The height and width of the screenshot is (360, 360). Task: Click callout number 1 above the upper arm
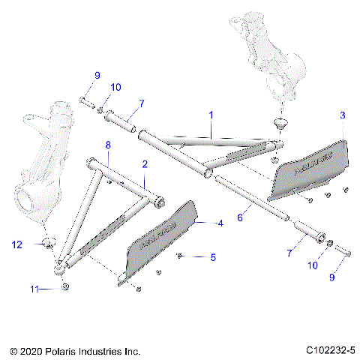pyautogui.click(x=211, y=115)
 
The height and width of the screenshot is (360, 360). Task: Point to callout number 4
pyautogui.click(x=220, y=223)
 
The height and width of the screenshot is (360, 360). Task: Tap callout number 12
pyautogui.click(x=16, y=243)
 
